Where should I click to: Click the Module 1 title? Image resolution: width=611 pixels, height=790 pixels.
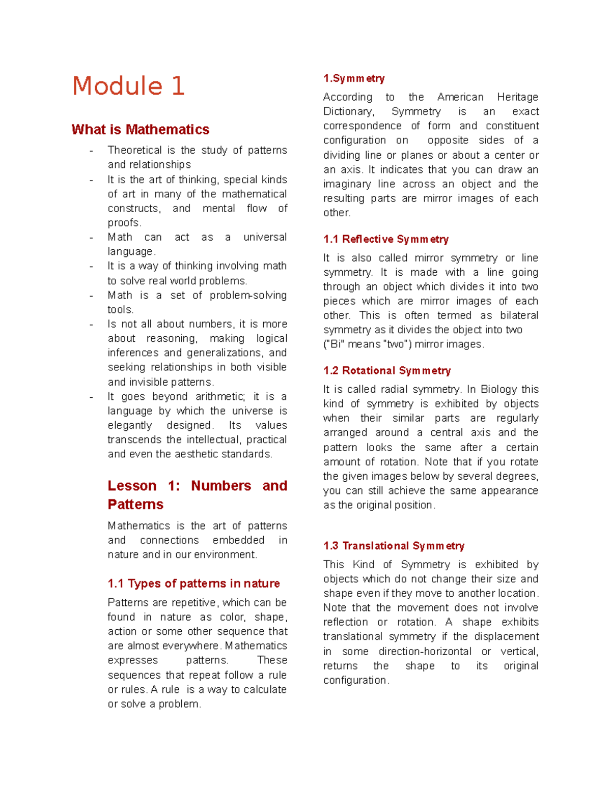click(x=128, y=85)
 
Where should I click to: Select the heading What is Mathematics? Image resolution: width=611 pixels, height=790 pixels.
click(x=141, y=130)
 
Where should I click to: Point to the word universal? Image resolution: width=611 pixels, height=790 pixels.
click(x=265, y=237)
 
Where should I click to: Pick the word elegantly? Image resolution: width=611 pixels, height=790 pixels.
click(x=130, y=425)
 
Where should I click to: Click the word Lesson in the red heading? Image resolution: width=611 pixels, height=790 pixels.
click(x=132, y=486)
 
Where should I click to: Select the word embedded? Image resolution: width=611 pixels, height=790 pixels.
click(x=238, y=540)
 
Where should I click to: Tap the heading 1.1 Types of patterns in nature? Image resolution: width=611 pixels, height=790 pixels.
click(x=193, y=583)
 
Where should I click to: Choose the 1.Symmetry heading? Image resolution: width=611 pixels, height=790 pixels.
click(x=354, y=78)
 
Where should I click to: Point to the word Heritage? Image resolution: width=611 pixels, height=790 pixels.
click(x=517, y=97)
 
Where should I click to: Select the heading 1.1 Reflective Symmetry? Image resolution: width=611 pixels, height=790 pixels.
click(x=386, y=239)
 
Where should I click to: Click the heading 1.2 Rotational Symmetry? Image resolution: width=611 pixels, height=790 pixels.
click(x=387, y=370)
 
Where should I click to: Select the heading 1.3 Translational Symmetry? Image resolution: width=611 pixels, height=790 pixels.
click(x=394, y=546)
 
